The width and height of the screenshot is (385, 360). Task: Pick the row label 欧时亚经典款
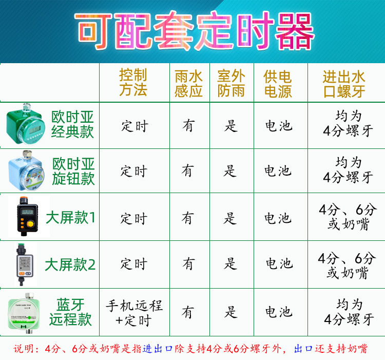(73, 124)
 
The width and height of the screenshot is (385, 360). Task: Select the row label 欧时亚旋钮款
(73, 171)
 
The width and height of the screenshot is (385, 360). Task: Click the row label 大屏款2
(70, 264)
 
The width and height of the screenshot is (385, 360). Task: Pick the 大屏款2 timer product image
(25, 264)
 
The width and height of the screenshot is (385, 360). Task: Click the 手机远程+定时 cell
(134, 313)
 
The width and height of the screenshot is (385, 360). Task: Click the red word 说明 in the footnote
(23, 349)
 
